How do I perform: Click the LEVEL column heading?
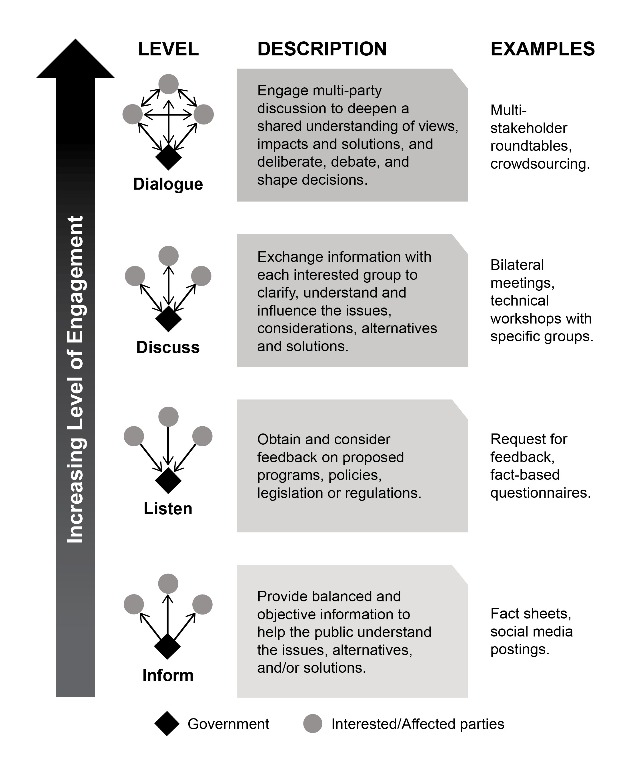168,49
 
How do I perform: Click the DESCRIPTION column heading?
322,49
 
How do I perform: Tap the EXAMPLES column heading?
542,49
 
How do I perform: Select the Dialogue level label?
168,184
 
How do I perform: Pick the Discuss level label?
168,347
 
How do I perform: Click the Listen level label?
168,509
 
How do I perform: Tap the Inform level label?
168,676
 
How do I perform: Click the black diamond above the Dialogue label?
168,157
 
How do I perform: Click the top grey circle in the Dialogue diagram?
168,84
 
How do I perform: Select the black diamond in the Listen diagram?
168,480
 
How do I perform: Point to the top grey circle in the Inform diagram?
168,583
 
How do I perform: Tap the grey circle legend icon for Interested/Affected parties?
313,724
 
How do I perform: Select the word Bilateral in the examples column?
517,265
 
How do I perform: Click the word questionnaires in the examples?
540,493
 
